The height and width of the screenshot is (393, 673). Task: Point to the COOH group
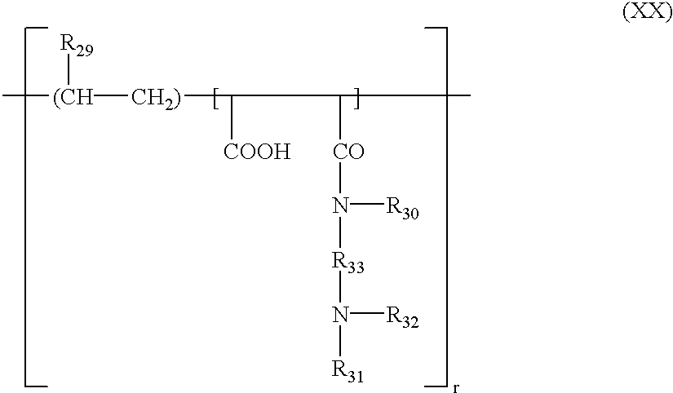(x=257, y=152)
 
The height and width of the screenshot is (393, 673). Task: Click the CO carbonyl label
(x=348, y=152)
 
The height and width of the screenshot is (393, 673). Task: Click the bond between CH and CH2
(x=112, y=97)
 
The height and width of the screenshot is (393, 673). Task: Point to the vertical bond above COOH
(x=232, y=118)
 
